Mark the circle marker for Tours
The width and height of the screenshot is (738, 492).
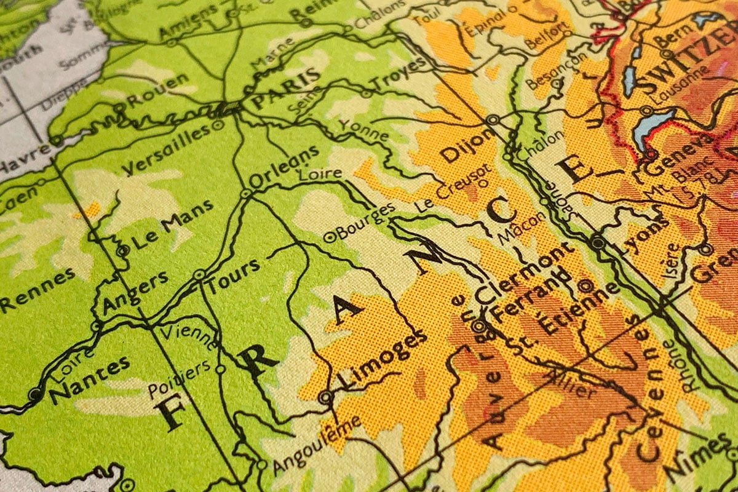tap(199, 275)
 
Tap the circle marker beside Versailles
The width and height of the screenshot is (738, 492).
tap(216, 125)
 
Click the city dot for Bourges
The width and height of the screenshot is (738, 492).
tap(328, 234)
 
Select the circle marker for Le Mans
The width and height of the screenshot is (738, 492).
tap(123, 250)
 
